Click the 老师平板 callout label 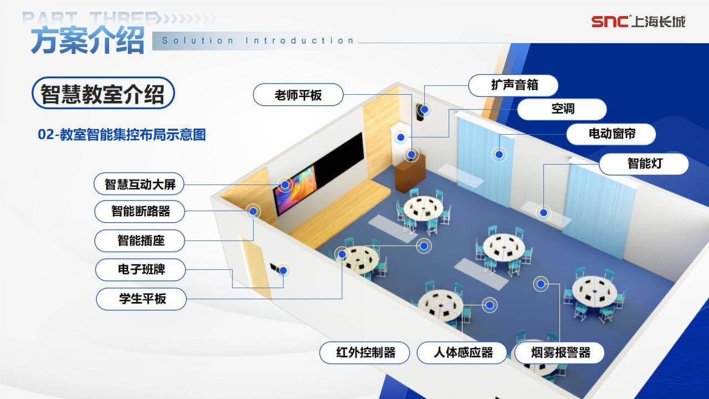coord(298,95)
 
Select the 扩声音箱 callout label coord(513,85)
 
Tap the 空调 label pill coord(562,109)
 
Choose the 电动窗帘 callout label coord(611,134)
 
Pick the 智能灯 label coord(644,163)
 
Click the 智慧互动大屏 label coord(139,184)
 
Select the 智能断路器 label coord(140,211)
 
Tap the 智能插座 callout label coord(140,241)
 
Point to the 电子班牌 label coord(141,270)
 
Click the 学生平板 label coord(141,299)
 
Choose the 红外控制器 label coord(364,353)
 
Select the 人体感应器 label coord(462,353)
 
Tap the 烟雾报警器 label coord(559,353)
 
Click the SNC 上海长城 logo coord(639,22)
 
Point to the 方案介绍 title coord(88,40)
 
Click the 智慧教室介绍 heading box coord(103,93)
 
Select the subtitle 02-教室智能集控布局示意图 coord(122,134)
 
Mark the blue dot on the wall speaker coord(425,110)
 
